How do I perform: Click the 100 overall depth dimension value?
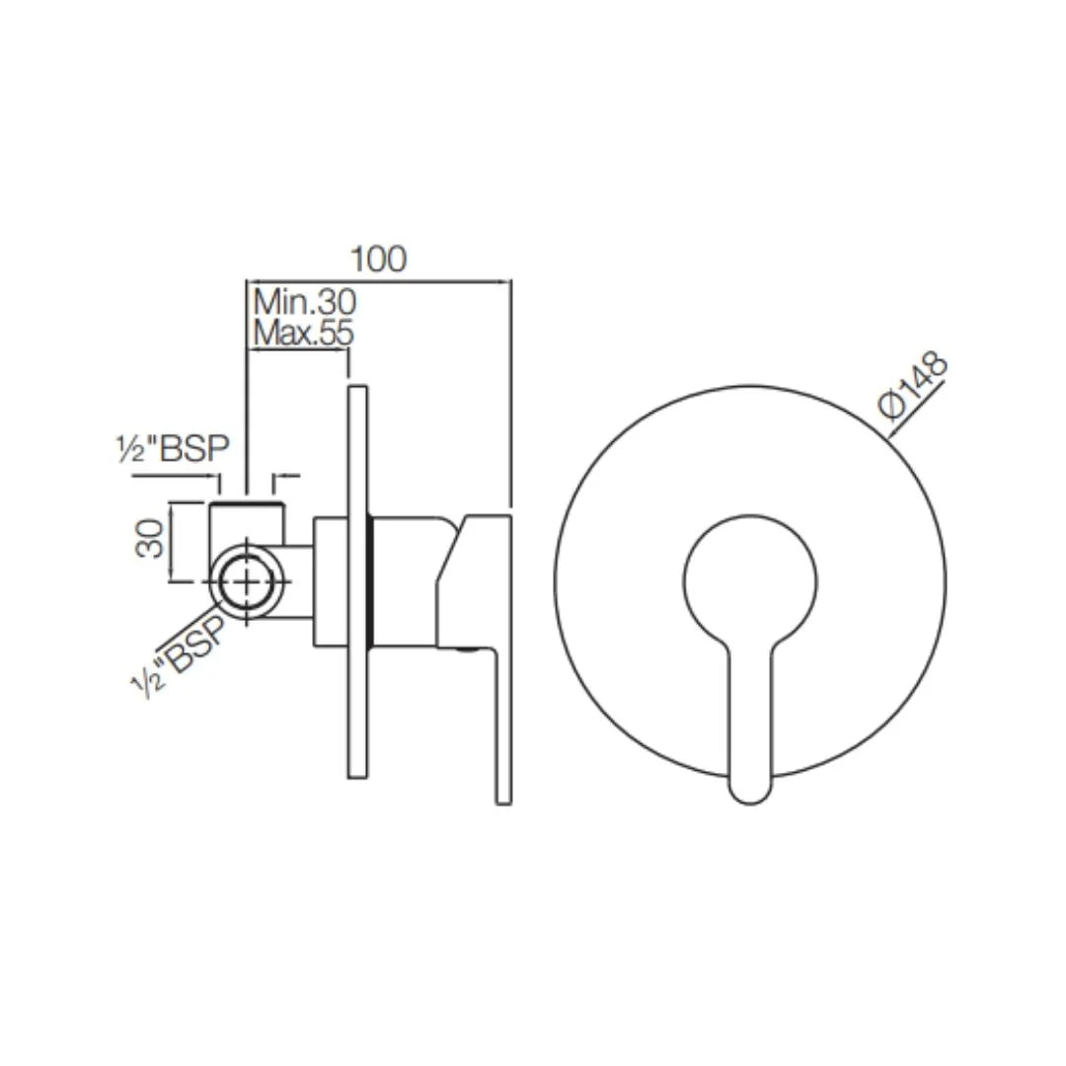tap(378, 259)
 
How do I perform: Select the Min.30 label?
tap(304, 300)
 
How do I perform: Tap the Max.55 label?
tap(302, 334)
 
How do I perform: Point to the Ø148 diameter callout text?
tap(914, 386)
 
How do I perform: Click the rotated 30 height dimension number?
tap(150, 540)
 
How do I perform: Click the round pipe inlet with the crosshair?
tap(246, 581)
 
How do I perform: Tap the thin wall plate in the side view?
tap(357, 582)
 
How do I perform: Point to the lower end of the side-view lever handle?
tap(503, 780)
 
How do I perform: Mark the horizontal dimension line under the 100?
tap(378, 281)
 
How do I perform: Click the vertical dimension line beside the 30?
tap(173, 541)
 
